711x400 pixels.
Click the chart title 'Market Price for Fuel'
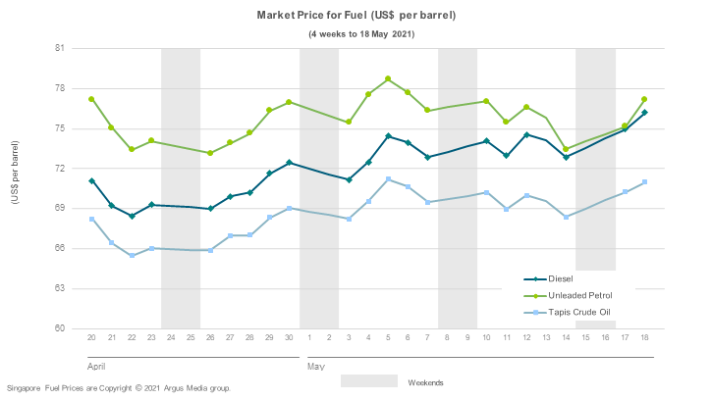coord(355,16)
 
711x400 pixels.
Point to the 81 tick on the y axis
coord(60,48)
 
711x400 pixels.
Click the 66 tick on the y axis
coord(60,248)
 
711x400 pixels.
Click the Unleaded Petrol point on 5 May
coord(388,78)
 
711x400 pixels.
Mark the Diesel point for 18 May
coord(644,112)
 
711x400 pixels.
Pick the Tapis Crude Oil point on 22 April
coord(132,255)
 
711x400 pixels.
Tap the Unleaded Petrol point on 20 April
coord(91,99)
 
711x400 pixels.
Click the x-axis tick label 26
coord(210,338)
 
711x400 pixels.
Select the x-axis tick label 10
coord(486,338)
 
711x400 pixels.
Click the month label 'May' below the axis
coord(315,365)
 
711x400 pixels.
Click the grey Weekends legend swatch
coord(369,380)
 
